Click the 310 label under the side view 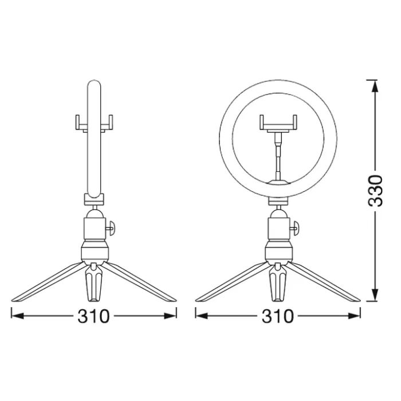(93, 315)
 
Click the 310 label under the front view (278, 315)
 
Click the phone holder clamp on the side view (95, 121)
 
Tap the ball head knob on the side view (113, 227)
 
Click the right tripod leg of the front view (327, 282)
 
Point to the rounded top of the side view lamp (95, 86)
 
